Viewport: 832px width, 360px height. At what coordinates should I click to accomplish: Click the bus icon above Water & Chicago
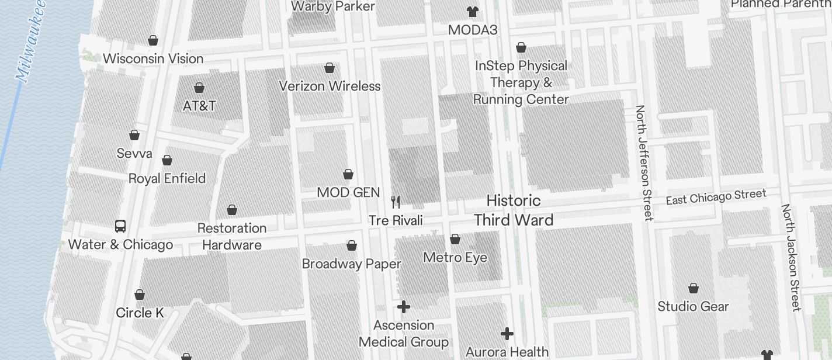(120, 226)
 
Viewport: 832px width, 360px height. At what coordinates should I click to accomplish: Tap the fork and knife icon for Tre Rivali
(396, 202)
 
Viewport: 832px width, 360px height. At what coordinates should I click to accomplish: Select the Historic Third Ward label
(514, 210)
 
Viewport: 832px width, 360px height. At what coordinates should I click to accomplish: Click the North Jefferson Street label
(643, 162)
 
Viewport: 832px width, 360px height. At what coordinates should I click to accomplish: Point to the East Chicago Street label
(716, 197)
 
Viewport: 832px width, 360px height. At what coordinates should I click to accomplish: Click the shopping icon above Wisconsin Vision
(153, 40)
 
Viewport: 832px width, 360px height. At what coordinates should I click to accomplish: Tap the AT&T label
(199, 106)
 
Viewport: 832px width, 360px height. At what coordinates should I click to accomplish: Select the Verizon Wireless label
(330, 86)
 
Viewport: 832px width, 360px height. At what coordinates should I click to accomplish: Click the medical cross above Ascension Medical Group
(404, 307)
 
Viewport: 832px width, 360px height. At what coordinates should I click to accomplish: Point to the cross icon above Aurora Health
(507, 334)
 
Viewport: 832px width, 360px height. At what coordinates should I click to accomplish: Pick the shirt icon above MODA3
(472, 12)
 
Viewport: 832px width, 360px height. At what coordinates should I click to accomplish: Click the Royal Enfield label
(167, 178)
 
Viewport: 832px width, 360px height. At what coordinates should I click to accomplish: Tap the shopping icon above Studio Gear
(694, 288)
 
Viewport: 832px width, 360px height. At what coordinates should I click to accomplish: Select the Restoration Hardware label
(232, 236)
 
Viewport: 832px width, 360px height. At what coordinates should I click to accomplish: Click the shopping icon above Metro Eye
(455, 239)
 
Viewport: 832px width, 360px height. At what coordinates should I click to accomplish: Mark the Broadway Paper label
(352, 264)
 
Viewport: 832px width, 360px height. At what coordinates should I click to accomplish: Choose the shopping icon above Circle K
(140, 295)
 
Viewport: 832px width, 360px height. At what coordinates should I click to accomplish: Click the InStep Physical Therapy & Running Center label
(521, 82)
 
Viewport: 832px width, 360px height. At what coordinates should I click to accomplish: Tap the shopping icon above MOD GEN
(348, 174)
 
